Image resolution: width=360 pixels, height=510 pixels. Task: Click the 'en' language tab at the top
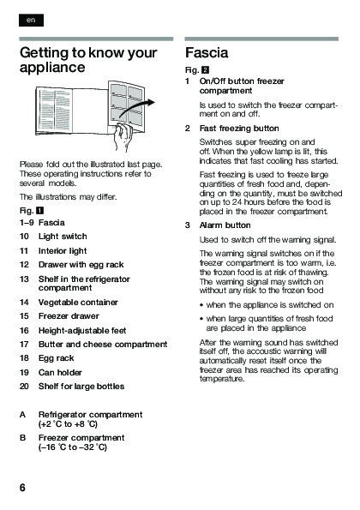(x=31, y=21)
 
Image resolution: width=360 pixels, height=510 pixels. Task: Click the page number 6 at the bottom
(x=22, y=488)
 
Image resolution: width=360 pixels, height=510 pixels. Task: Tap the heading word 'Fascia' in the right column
(x=207, y=53)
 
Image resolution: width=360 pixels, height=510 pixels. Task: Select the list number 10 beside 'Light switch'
(x=24, y=237)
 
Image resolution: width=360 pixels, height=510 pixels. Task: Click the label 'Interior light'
(x=63, y=251)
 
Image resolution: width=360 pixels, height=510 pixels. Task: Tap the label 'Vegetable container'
(x=78, y=303)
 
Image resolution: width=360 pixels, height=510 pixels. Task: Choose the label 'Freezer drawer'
(x=69, y=316)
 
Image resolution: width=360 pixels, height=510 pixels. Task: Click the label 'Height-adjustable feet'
(x=82, y=331)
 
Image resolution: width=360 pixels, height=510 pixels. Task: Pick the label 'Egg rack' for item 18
(x=57, y=358)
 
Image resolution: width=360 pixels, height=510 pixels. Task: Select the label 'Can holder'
(x=60, y=372)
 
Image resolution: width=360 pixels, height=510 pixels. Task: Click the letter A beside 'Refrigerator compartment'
(x=22, y=415)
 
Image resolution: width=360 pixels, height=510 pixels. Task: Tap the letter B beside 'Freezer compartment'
(x=22, y=438)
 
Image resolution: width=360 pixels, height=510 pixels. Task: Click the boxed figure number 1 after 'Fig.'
(x=39, y=211)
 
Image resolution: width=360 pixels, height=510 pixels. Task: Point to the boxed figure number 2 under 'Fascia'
(x=205, y=70)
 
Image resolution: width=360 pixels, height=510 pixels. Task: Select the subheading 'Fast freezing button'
(x=239, y=129)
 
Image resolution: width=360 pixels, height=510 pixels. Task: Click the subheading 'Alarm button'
(x=225, y=225)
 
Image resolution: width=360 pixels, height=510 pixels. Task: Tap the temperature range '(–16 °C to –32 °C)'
(x=73, y=447)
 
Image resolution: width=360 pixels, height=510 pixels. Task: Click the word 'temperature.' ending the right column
(x=222, y=379)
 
